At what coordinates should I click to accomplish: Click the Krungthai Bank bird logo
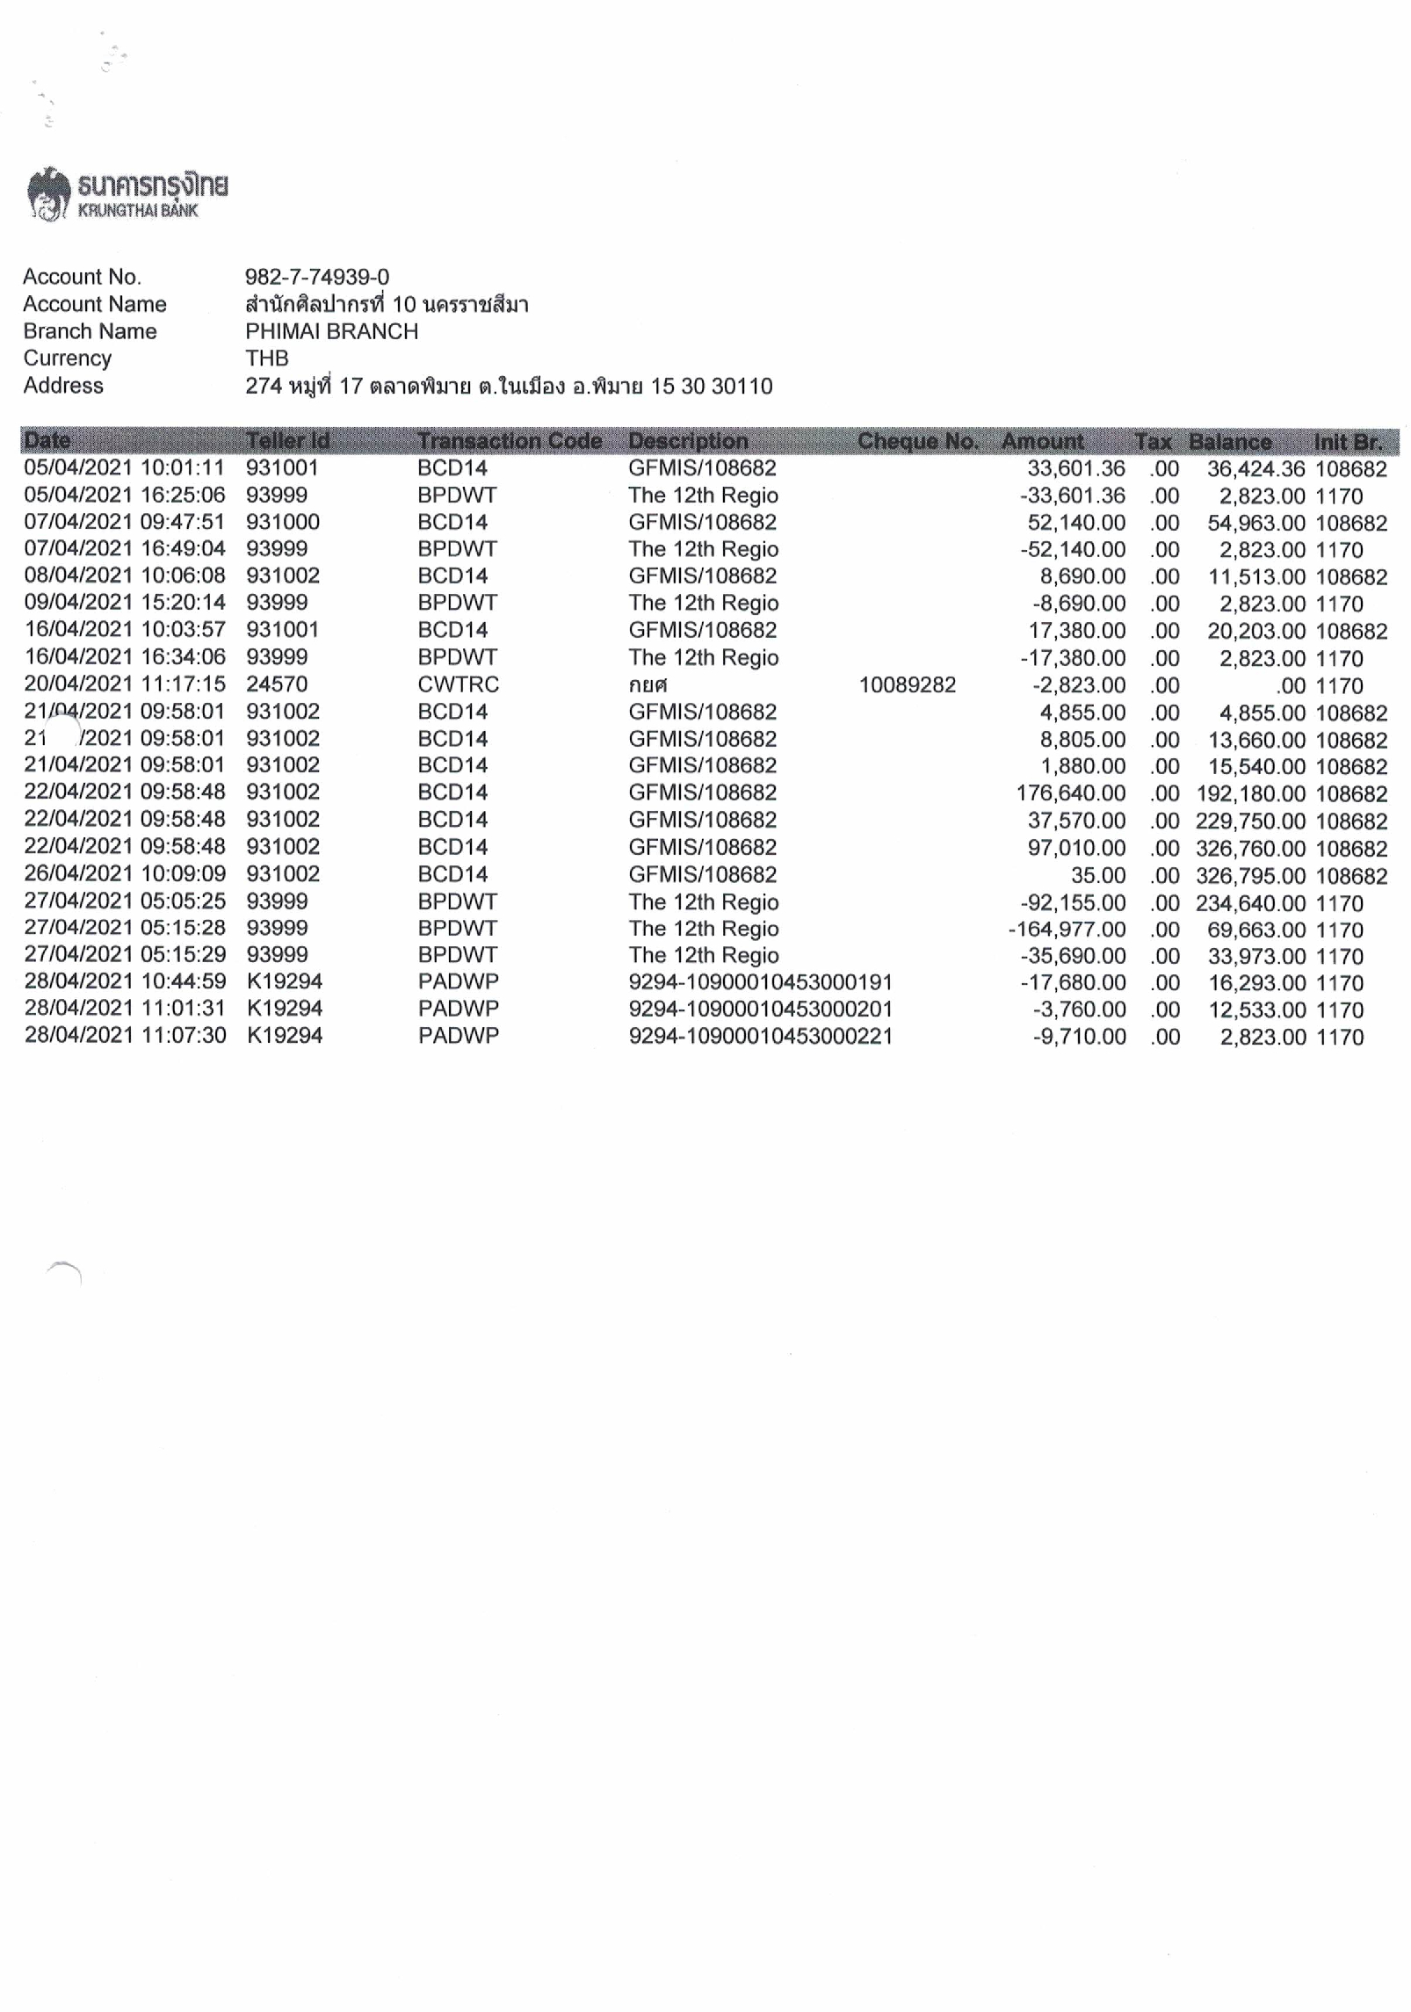(49, 194)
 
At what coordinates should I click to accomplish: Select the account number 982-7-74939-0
(317, 277)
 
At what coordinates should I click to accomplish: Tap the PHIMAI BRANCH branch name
(331, 331)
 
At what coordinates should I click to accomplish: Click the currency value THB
(266, 358)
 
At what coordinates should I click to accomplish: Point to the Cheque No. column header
(917, 441)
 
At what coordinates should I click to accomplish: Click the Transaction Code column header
(509, 441)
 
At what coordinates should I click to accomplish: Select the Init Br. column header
(1347, 441)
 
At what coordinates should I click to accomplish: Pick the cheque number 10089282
(907, 684)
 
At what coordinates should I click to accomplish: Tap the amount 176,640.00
(1070, 792)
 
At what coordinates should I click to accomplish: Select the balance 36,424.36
(1255, 468)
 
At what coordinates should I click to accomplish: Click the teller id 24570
(276, 684)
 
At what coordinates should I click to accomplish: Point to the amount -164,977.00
(1067, 929)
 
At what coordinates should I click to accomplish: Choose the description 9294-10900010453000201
(760, 1009)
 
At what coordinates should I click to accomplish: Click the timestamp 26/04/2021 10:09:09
(125, 874)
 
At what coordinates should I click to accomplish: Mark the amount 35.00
(1097, 875)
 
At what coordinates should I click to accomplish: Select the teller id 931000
(282, 522)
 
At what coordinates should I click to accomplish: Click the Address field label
(63, 386)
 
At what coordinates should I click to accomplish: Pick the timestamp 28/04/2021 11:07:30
(125, 1036)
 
